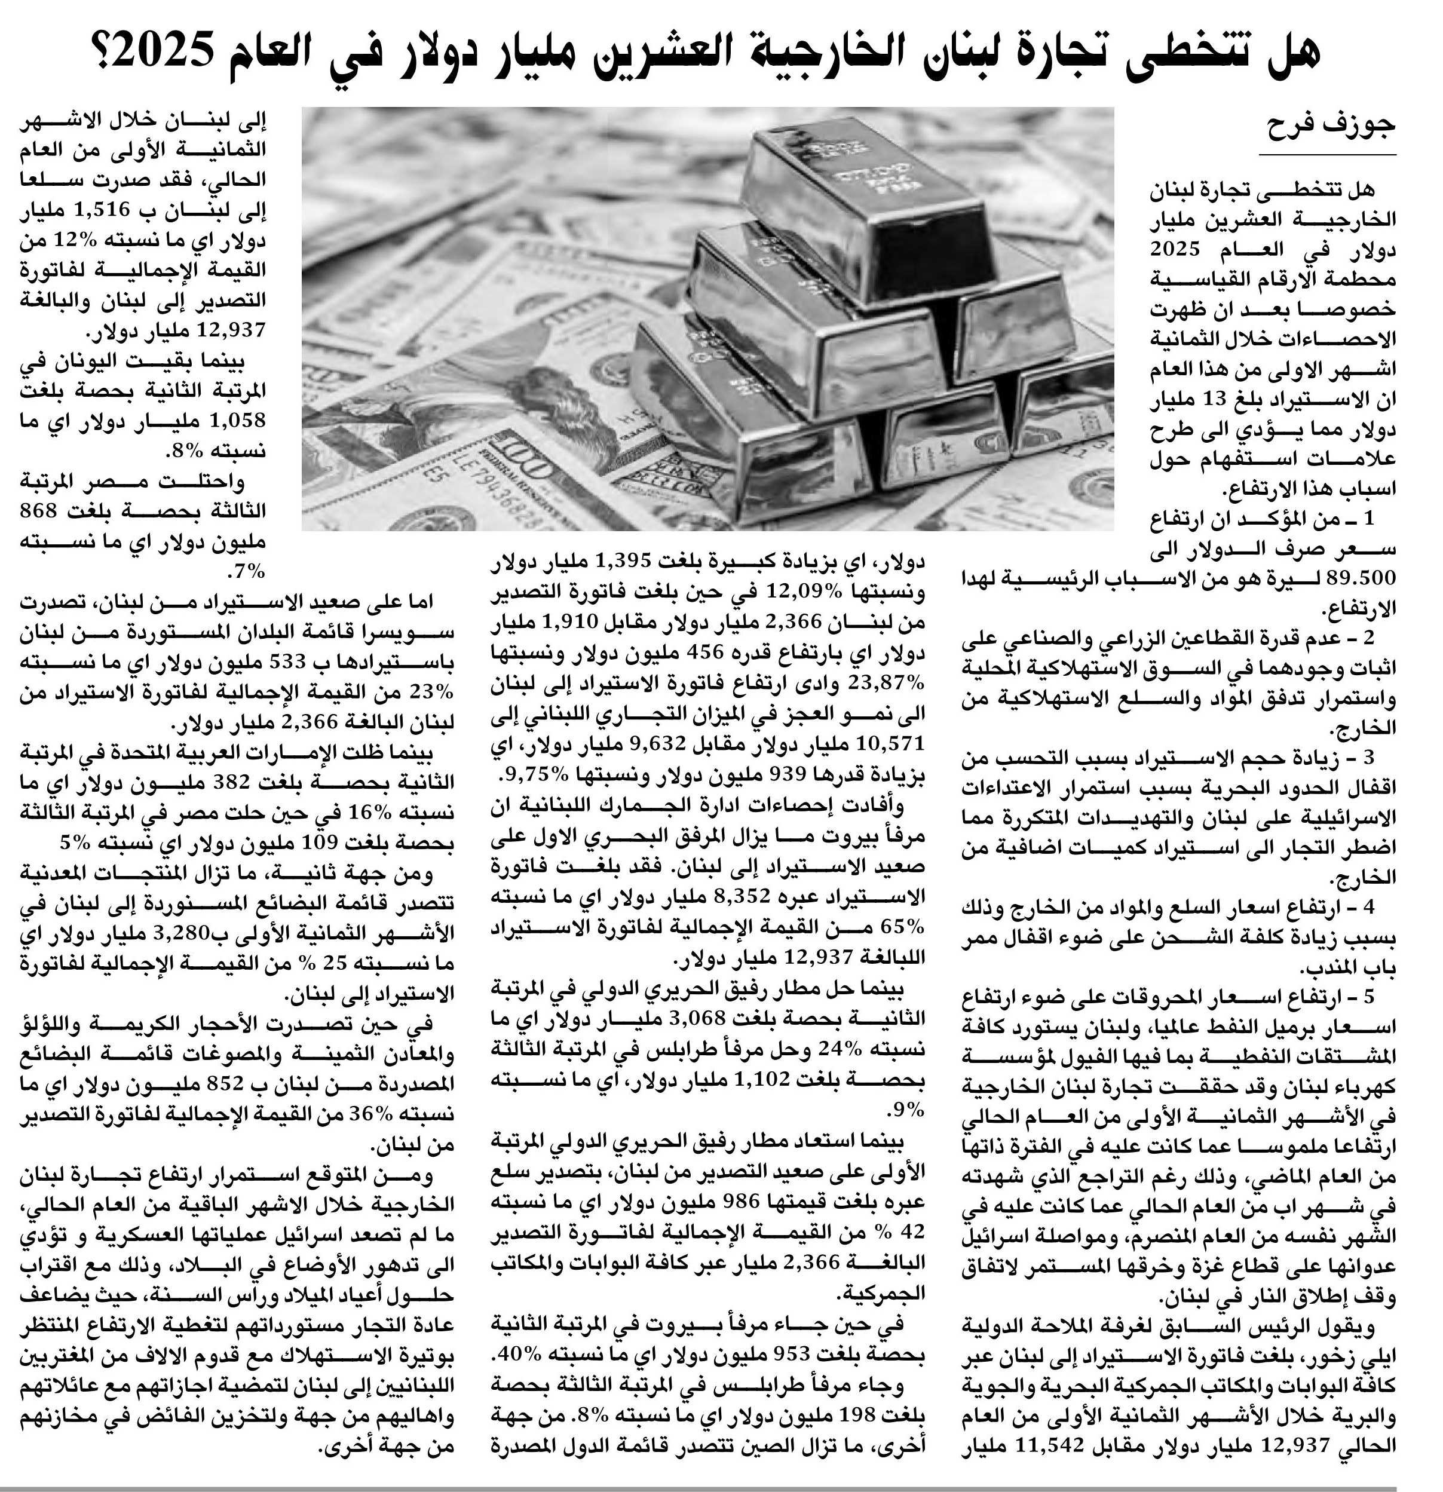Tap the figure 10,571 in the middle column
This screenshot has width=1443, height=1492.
click(895, 742)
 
